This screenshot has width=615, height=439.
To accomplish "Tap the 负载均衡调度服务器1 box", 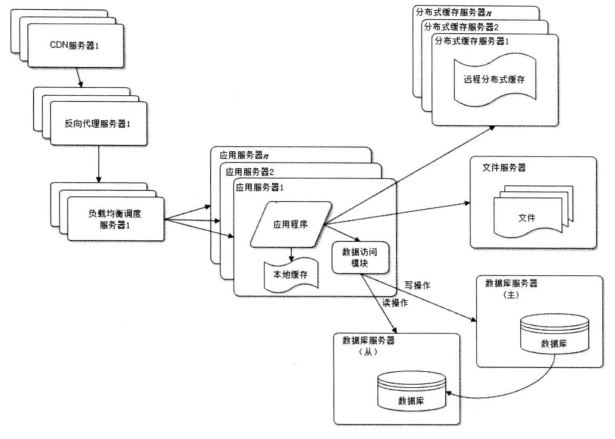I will pos(115,218).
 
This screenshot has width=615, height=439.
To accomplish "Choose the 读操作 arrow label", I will pos(395,303).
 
